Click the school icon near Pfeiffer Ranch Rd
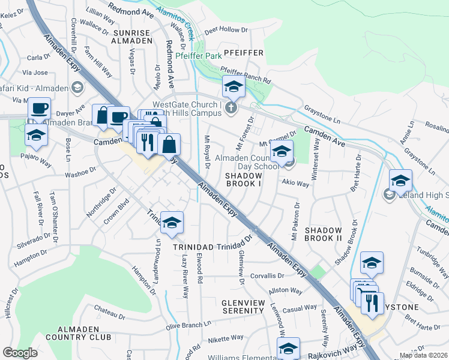pos(233,87)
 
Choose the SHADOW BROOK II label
pos(323,235)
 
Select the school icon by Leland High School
pos(400,181)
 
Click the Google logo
pos(20,353)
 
